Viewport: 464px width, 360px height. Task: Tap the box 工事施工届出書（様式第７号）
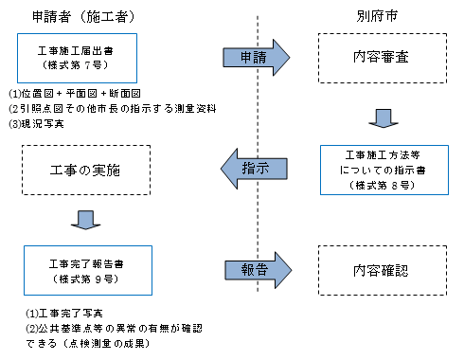click(x=77, y=58)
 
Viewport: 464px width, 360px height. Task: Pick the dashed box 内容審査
click(x=379, y=58)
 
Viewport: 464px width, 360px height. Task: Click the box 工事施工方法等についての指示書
click(x=379, y=171)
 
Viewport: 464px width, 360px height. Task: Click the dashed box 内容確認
click(x=379, y=269)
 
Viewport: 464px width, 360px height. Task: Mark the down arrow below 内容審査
click(x=380, y=117)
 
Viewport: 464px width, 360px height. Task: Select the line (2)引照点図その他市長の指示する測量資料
click(x=103, y=109)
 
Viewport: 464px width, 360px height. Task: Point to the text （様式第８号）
click(x=379, y=187)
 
